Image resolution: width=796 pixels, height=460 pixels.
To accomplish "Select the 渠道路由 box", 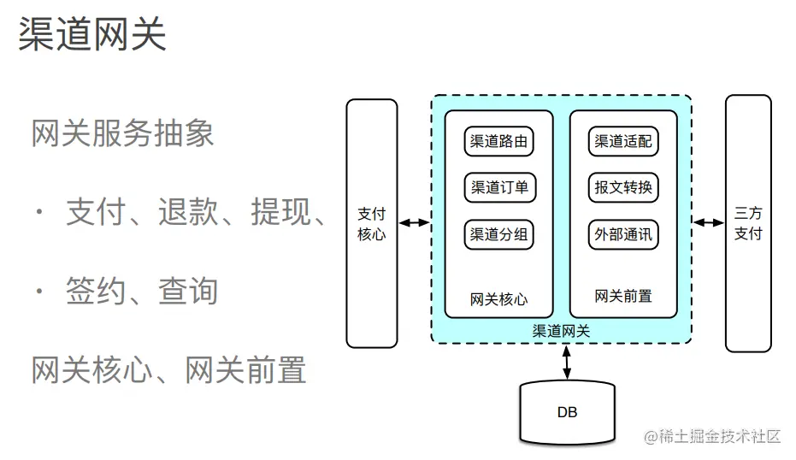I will pos(499,142).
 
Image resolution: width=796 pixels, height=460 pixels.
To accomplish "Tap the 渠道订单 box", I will pos(499,188).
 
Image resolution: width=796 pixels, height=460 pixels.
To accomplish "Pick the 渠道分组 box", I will pos(499,234).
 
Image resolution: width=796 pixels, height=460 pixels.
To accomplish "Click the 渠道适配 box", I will pos(623,142).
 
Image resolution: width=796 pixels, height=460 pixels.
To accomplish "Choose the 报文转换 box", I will pos(623,188).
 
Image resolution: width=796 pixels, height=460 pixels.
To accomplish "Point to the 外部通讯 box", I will pos(623,234).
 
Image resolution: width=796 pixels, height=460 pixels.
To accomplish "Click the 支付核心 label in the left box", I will pos(371,223).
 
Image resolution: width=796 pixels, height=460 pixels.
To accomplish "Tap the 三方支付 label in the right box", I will pos(748,223).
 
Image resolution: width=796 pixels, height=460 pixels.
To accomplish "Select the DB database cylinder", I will pos(567,412).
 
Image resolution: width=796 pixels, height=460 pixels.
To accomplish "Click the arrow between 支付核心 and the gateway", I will pos(415,223).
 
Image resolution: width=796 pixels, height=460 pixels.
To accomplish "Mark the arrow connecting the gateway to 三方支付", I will pos(708,223).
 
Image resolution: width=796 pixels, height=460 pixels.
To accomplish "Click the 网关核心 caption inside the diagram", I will pos(499,298).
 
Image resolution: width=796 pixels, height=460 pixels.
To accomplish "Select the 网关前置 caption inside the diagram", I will pos(623,297).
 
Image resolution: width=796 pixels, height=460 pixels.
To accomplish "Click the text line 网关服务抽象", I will pos(122,133).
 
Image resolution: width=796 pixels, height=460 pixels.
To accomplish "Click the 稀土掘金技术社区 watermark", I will pos(714,437).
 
